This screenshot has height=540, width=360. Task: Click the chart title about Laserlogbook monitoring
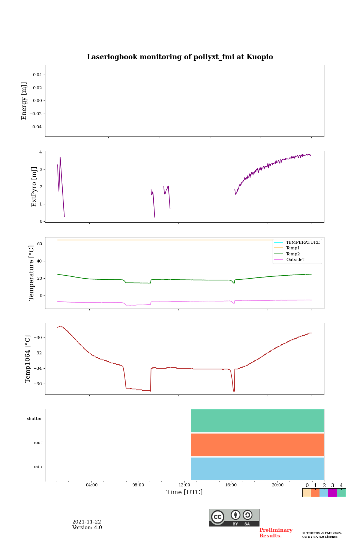[180, 57]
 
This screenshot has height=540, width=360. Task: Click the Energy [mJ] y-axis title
[24, 101]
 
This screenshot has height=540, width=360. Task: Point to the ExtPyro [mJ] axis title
[34, 187]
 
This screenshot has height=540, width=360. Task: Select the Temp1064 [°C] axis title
[28, 359]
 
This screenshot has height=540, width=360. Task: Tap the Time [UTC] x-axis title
[184, 492]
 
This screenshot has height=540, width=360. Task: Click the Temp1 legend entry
[293, 248]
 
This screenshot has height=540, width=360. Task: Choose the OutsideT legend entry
[295, 260]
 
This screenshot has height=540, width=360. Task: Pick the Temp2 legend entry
[293, 254]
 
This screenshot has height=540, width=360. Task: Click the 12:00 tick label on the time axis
[184, 485]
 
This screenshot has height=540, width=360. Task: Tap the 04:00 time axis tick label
[91, 485]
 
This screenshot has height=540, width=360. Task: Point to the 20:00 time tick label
[277, 485]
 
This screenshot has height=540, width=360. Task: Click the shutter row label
[34, 419]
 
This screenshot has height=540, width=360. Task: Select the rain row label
[38, 467]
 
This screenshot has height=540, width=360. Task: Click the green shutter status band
[257, 421]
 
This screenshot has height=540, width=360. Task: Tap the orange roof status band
[257, 445]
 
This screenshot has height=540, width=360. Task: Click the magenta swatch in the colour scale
[332, 493]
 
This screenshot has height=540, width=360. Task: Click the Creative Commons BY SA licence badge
[234, 517]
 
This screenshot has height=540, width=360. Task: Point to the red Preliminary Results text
[276, 533]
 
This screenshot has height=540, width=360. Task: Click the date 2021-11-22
[87, 522]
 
